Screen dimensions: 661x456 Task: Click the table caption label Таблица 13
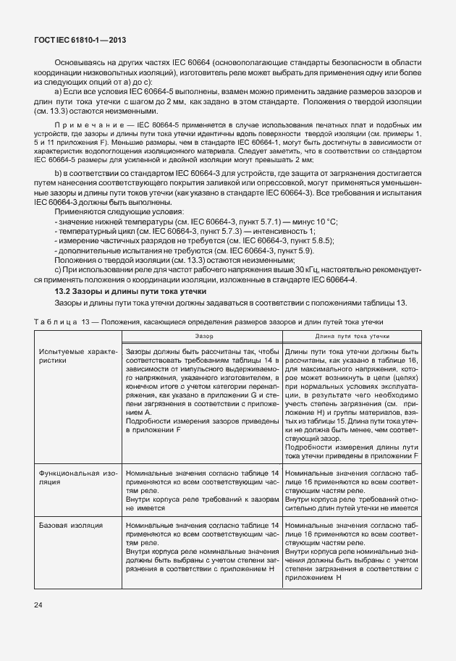[x=59, y=320]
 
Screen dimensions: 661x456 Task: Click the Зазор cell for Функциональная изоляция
[x=202, y=490]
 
